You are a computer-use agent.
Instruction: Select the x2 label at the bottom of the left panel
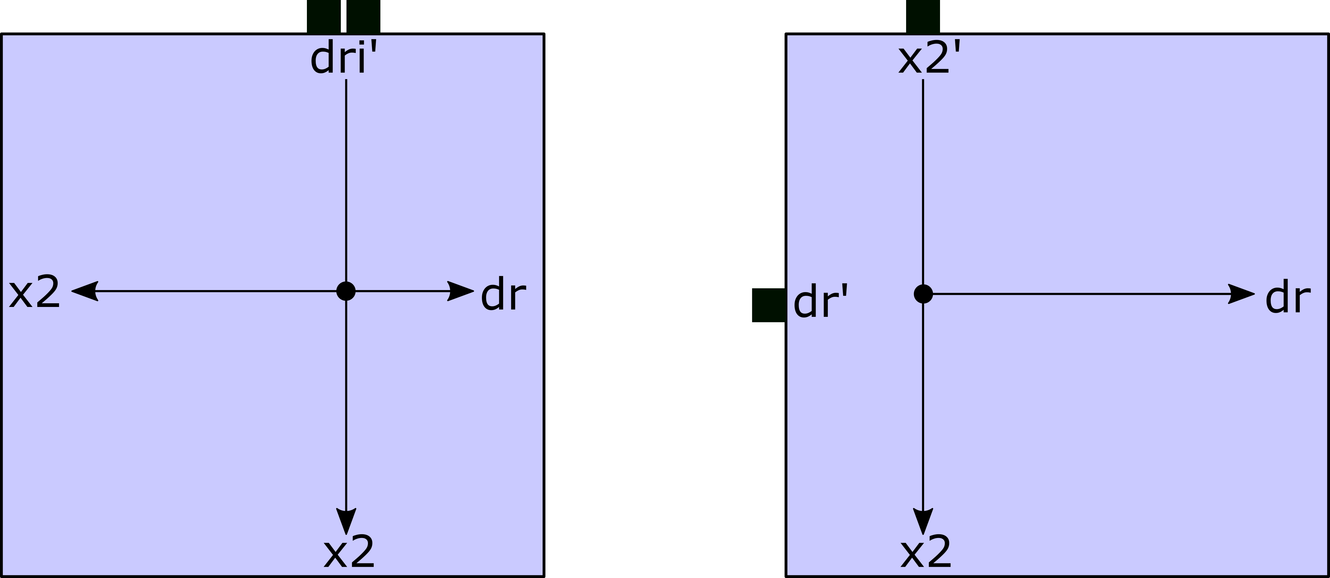(349, 552)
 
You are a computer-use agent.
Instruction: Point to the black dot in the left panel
(346, 291)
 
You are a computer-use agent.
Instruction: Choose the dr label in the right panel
(1288, 298)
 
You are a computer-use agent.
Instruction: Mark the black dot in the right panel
(923, 294)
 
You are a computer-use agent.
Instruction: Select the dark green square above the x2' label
(923, 17)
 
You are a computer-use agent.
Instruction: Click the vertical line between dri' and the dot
(346, 181)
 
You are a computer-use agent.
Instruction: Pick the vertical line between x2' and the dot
(923, 181)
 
